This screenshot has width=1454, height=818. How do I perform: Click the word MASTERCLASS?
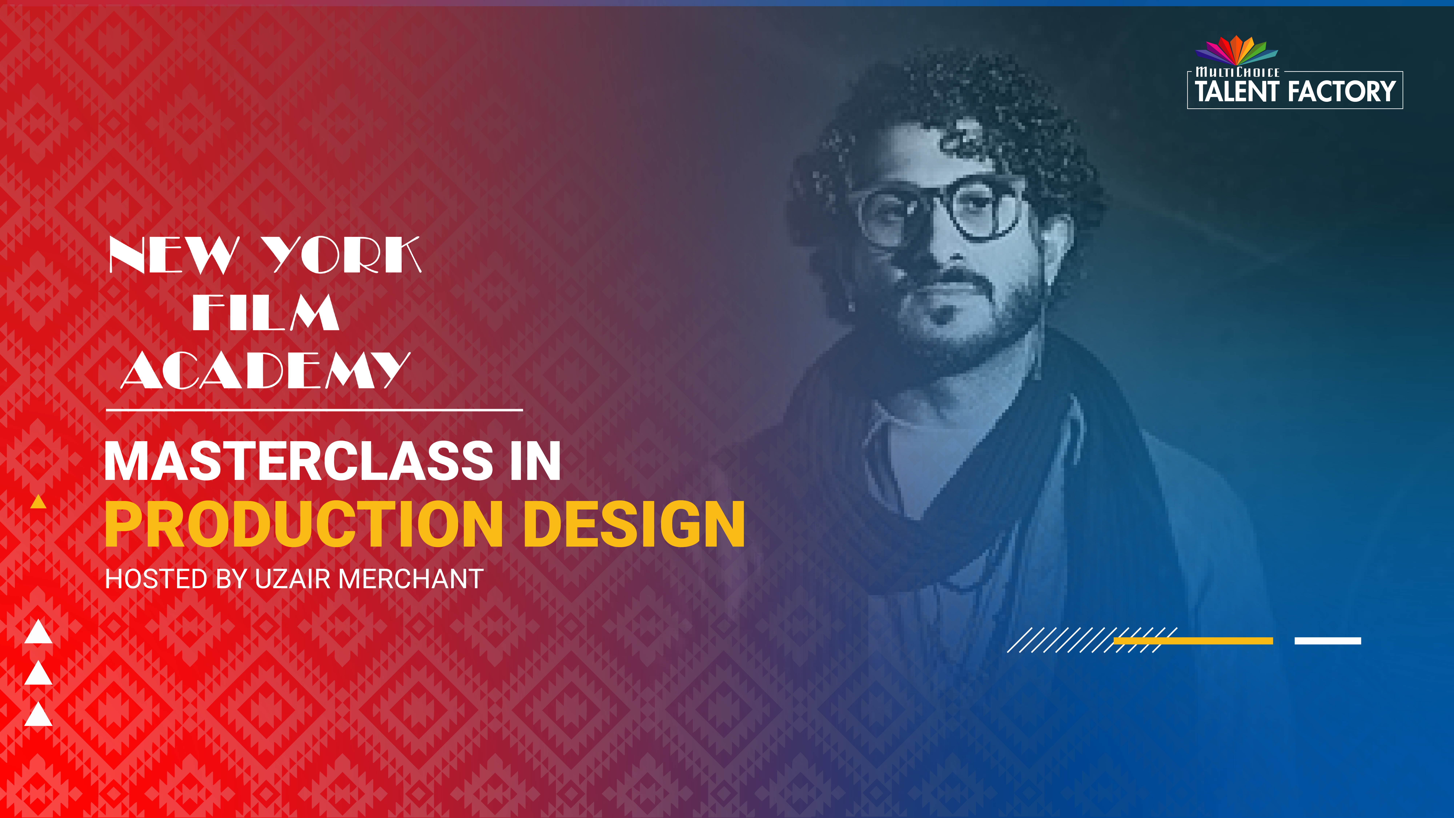pyautogui.click(x=299, y=461)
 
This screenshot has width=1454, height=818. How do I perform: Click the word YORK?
pyautogui.click(x=341, y=255)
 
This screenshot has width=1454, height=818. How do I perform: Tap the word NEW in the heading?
pyautogui.click(x=174, y=255)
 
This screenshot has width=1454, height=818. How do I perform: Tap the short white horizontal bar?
pyautogui.click(x=1328, y=641)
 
